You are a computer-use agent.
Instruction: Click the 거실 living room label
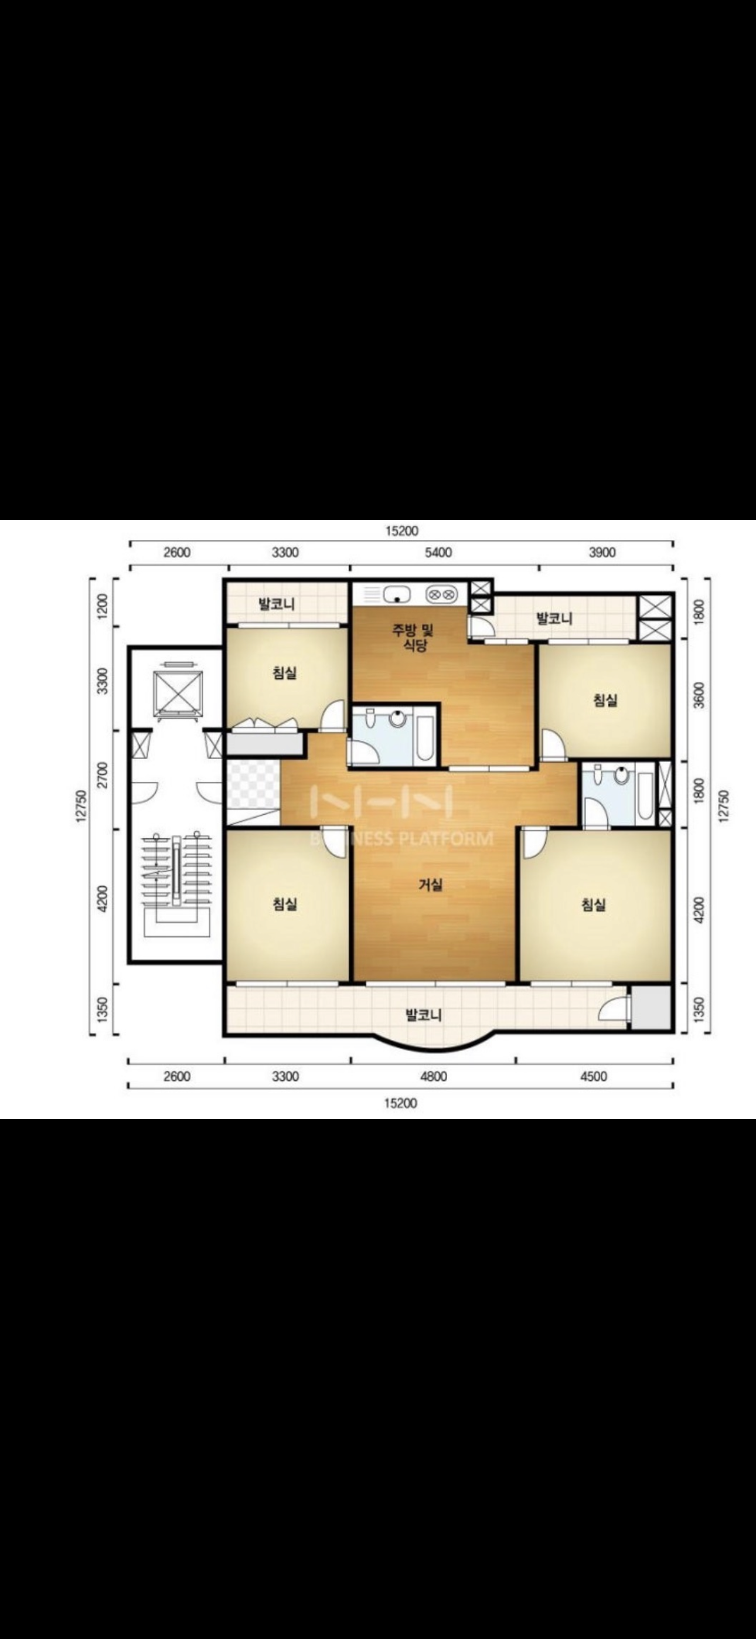pos(431,885)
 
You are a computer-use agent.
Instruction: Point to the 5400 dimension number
pos(438,552)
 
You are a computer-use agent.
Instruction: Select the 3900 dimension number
pos(602,552)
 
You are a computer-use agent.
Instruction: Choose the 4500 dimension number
pos(594,1077)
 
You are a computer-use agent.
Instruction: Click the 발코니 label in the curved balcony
pos(424,1015)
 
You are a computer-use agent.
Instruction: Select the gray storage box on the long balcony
pos(651,1008)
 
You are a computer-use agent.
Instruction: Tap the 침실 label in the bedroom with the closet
pos(284,672)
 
